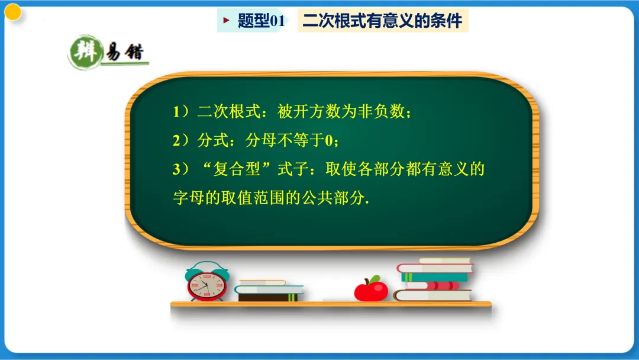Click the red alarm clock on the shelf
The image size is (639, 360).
(206, 283)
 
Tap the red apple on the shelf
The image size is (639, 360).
(371, 290)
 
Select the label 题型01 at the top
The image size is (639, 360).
(261, 21)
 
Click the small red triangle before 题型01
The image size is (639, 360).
(225, 21)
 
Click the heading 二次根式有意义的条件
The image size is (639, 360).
(382, 21)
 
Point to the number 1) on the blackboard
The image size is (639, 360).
(180, 111)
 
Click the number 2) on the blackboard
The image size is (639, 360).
(180, 140)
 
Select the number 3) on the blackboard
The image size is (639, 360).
(180, 170)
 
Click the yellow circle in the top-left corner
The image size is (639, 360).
(13, 12)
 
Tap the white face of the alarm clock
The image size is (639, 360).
(206, 287)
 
